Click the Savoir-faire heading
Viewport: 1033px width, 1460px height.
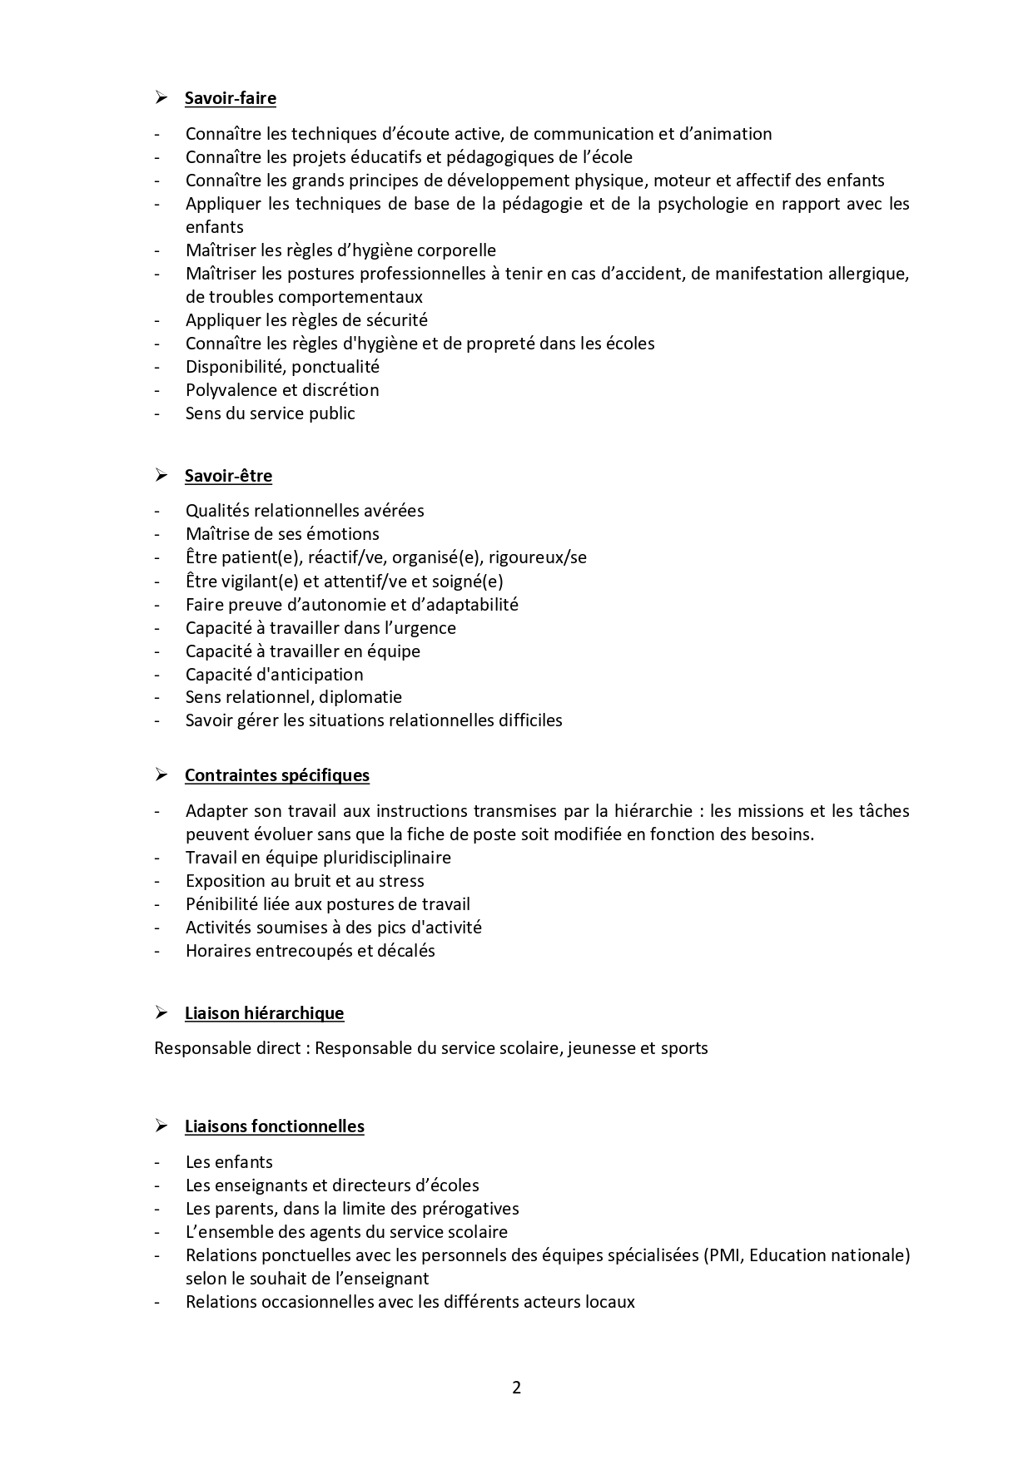[230, 98]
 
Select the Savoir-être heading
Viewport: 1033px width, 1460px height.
[228, 476]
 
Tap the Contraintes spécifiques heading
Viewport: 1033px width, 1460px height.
[276, 775]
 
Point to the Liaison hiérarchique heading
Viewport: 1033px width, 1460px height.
[264, 1013]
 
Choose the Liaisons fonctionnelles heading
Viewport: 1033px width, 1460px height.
[274, 1126]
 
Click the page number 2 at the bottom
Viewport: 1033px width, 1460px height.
[516, 1388]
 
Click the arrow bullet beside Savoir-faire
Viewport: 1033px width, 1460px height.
[161, 98]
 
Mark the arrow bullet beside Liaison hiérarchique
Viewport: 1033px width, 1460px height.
[161, 1013]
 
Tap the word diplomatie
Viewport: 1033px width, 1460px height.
[363, 697]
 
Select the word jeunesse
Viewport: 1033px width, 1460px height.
[601, 1048]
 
